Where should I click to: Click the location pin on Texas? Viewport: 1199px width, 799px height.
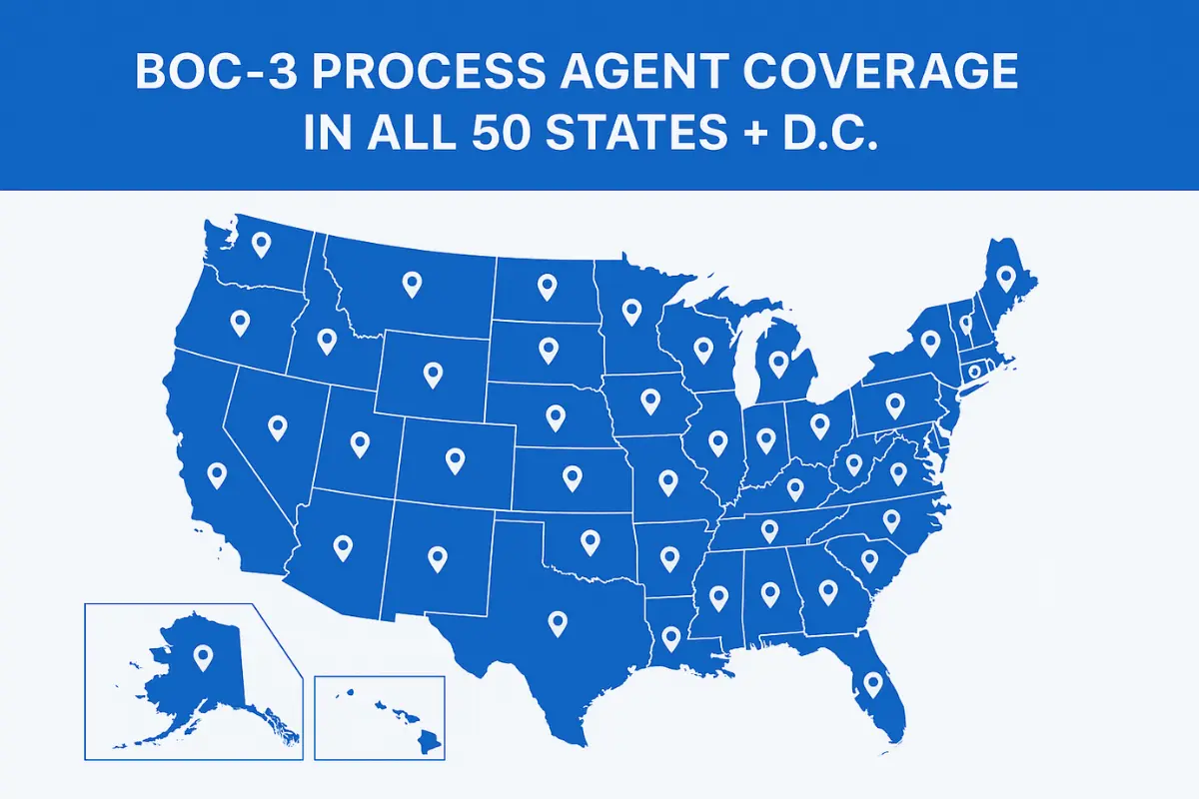coord(558,622)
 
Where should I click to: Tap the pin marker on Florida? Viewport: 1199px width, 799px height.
coord(872,683)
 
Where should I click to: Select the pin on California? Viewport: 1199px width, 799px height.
coord(217,474)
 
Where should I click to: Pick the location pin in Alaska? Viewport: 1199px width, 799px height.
coord(204,656)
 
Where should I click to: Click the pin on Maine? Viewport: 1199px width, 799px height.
coord(1005,277)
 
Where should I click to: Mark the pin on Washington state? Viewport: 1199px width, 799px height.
coord(262,243)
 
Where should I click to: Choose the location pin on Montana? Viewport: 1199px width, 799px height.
coord(411,284)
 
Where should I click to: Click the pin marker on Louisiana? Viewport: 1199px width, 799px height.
coord(670,635)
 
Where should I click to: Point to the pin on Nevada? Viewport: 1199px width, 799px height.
coord(277,426)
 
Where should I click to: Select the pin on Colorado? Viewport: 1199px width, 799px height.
coord(455,459)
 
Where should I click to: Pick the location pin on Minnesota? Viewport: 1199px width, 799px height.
coord(630,312)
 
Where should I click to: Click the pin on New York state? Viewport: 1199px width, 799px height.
coord(930,342)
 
